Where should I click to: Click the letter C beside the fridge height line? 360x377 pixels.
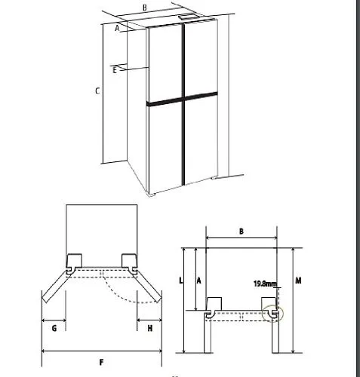pos(97,90)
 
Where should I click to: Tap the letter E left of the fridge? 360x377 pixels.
pos(115,70)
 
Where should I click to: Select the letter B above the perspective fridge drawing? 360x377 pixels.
pos(145,8)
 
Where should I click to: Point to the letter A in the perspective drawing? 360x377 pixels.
pos(117,28)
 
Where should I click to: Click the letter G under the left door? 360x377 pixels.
pos(54,328)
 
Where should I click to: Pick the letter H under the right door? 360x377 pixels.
pos(150,328)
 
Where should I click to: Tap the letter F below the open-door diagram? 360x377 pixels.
pos(101,362)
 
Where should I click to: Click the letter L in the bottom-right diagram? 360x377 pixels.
pos(180,280)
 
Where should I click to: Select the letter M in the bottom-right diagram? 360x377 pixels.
pos(298,280)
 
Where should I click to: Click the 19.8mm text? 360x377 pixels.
pos(265,284)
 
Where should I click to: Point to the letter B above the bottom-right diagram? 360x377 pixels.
pos(242,231)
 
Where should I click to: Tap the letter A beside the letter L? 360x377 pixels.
pos(198,280)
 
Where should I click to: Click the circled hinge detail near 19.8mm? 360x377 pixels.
pos(272,314)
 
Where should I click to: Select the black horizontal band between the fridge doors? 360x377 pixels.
pos(182,98)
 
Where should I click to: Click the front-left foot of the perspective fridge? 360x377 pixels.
pos(152,195)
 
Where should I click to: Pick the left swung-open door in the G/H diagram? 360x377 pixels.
pos(55,286)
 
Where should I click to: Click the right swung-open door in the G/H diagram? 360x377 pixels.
pos(148,286)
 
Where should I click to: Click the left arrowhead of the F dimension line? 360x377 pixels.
pos(44,351)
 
